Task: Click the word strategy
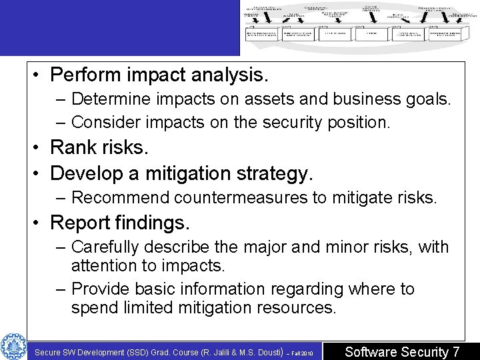coord(273,173)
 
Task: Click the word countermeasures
coord(244,197)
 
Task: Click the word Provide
coord(99,289)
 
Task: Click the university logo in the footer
coord(13,346)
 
